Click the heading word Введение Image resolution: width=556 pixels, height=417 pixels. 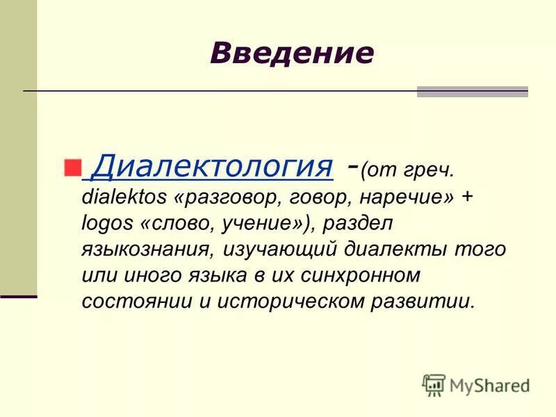[x=292, y=53]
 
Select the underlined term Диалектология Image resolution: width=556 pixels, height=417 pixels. [x=211, y=167]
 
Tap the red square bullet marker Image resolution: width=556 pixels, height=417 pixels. [x=72, y=167]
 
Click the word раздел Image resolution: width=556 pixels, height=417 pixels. [x=363, y=224]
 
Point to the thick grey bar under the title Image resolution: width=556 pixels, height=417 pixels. [x=472, y=91]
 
